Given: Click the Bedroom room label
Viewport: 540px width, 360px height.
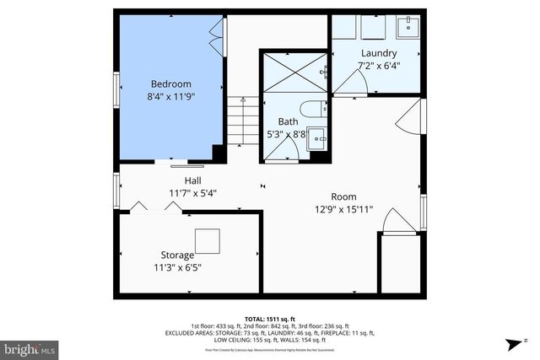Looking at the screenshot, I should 170,83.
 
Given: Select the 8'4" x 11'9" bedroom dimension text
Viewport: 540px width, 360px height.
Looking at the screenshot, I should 170,96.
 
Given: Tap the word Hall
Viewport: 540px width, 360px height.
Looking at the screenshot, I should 193,180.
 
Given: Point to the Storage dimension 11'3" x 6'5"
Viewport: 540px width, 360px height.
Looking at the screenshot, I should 177,267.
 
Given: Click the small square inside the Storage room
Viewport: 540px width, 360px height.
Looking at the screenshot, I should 208,240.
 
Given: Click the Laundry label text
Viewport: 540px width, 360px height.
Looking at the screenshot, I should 377,53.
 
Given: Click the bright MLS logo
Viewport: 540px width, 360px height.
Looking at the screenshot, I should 30,347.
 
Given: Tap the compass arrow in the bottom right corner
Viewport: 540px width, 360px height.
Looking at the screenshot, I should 512,344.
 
